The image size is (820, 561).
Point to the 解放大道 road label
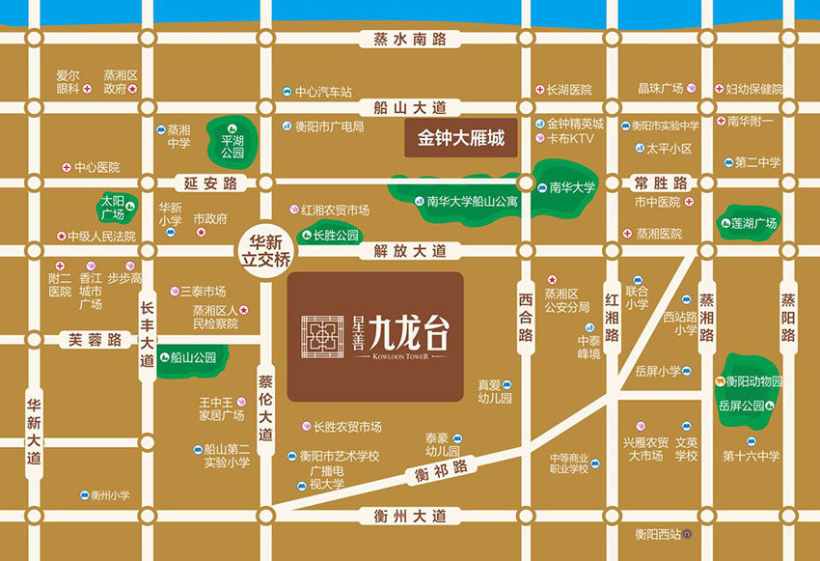(410, 251)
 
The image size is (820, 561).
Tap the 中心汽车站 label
(323, 92)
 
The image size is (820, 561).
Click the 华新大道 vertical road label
(34, 431)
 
